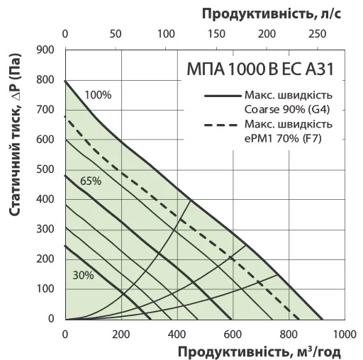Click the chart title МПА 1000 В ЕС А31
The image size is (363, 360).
[259, 71]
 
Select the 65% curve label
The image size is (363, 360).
[91, 181]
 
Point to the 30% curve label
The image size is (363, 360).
[82, 275]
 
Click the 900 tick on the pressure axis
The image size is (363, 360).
[46, 50]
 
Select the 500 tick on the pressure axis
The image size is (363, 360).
[46, 169]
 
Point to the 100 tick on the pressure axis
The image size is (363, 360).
[46, 289]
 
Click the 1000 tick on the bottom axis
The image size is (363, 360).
[344, 334]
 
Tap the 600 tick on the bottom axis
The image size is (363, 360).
[233, 334]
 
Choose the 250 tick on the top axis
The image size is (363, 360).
[317, 33]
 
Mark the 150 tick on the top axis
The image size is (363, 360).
[216, 33]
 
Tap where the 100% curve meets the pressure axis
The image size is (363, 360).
[65, 81]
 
